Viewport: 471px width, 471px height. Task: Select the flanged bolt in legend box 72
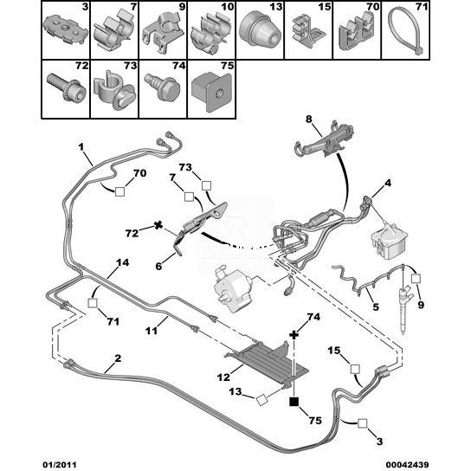66,88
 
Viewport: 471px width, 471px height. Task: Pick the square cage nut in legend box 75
211,91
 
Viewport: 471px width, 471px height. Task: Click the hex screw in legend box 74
163,87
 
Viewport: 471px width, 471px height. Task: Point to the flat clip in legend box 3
65,30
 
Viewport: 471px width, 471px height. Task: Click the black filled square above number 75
294,402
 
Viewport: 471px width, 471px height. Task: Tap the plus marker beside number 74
294,334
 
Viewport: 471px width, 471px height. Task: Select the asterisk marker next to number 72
158,225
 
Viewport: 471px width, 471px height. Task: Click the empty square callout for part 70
119,191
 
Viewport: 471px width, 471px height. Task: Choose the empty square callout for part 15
355,369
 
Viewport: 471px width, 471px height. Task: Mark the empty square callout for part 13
261,400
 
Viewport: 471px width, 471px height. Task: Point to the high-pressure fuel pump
233,287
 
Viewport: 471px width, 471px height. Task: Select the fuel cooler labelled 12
268,363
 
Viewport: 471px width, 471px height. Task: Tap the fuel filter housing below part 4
389,241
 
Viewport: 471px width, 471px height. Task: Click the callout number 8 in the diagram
309,119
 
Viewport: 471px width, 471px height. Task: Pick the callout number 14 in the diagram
122,262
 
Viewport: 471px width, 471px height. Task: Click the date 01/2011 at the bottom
59,465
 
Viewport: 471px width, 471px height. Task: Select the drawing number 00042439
405,465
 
